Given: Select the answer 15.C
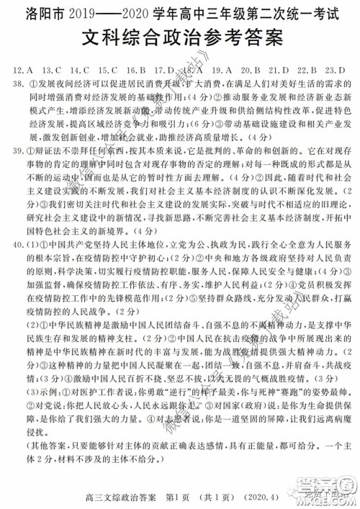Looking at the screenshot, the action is pyautogui.click(x=108, y=70).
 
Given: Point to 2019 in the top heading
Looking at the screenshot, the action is pyautogui.click(x=90, y=12).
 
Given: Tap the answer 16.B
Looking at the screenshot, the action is pyautogui.click(x=136, y=70).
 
